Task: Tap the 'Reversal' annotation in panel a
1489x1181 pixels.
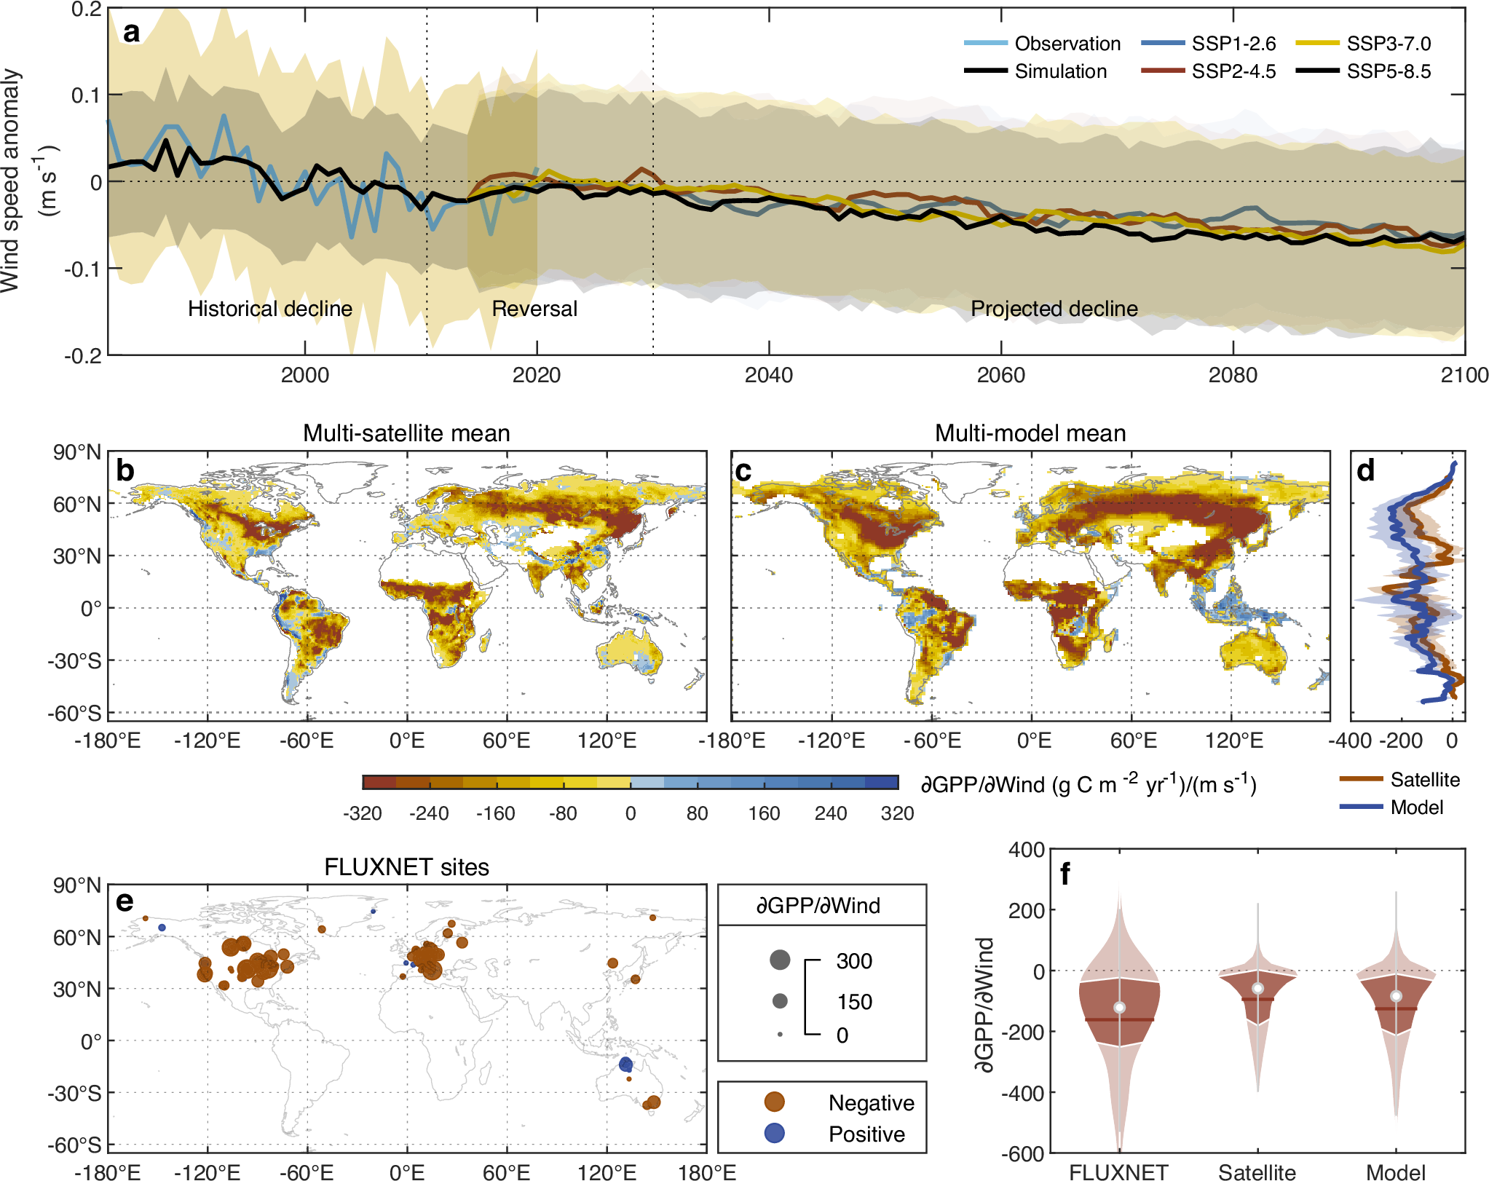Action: click(534, 309)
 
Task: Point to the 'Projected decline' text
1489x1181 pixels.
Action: click(1054, 309)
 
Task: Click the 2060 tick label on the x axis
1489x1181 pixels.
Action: click(1000, 375)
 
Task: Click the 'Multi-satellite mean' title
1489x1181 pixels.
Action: click(406, 433)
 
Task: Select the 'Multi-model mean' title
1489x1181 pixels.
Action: click(1030, 433)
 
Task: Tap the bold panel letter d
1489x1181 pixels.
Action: click(1365, 471)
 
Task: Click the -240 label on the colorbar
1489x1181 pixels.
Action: click(428, 813)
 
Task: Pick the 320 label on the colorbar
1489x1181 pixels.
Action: click(897, 813)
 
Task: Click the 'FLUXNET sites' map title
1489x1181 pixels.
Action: click(406, 867)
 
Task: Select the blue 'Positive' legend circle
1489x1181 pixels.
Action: click(775, 1133)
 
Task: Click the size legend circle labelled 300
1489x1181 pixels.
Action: click(780, 960)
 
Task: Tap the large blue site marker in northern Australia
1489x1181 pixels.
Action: click(625, 1065)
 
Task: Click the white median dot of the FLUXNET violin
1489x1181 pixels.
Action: click(1119, 1008)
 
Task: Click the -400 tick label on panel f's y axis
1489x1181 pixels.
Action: click(1023, 1093)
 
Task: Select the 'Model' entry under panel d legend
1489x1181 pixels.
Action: click(1416, 807)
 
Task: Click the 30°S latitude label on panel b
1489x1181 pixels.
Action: click(74, 661)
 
